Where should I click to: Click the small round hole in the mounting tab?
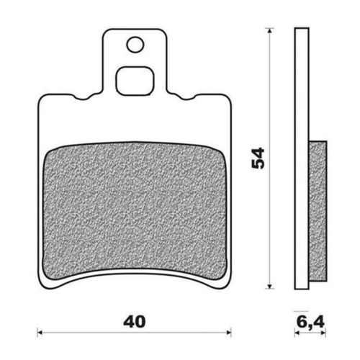135,45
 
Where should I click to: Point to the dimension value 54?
258,158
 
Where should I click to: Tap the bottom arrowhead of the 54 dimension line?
269,287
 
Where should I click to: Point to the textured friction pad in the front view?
136,205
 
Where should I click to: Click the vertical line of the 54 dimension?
269,216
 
